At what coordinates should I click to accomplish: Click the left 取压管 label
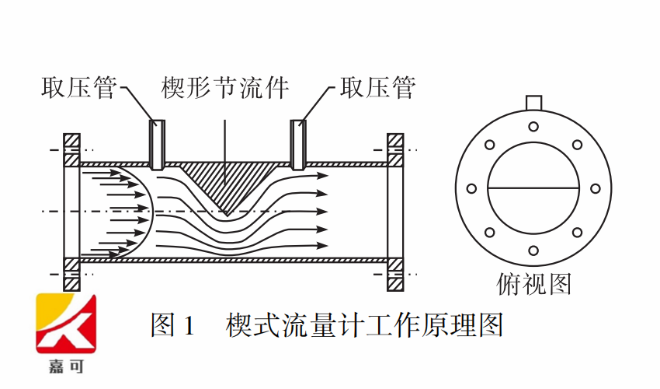pos(78,87)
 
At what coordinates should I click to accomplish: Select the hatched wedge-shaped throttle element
pos(225,183)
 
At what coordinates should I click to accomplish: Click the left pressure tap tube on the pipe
pos(157,145)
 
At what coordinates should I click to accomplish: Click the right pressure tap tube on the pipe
pos(297,145)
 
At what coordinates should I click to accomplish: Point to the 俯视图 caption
pos(533,285)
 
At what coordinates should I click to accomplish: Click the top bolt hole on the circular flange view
pos(533,127)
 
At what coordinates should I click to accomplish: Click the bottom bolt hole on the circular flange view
pos(533,251)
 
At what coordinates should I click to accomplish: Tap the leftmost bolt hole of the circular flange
pos(471,188)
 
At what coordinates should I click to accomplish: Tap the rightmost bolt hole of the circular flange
pos(596,188)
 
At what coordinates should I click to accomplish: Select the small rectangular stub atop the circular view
pos(533,103)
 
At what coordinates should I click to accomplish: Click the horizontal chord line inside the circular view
pos(533,188)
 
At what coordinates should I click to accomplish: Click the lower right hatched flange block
pos(395,272)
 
